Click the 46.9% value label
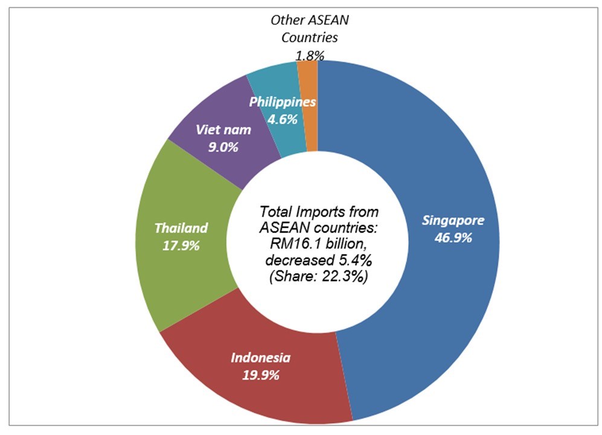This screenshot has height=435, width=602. tap(453, 237)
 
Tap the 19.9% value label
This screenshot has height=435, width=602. tap(260, 375)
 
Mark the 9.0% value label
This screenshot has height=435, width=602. tap(223, 147)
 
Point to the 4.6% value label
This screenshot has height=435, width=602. tap(283, 119)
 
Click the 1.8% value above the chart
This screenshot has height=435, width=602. tap(310, 55)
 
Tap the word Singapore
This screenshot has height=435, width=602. tap(453, 220)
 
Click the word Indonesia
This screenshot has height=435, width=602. tap(260, 358)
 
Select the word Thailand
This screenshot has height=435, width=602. tap(181, 228)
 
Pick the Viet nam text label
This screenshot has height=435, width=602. tap(223, 130)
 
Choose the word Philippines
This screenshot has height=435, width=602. tap(283, 102)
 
